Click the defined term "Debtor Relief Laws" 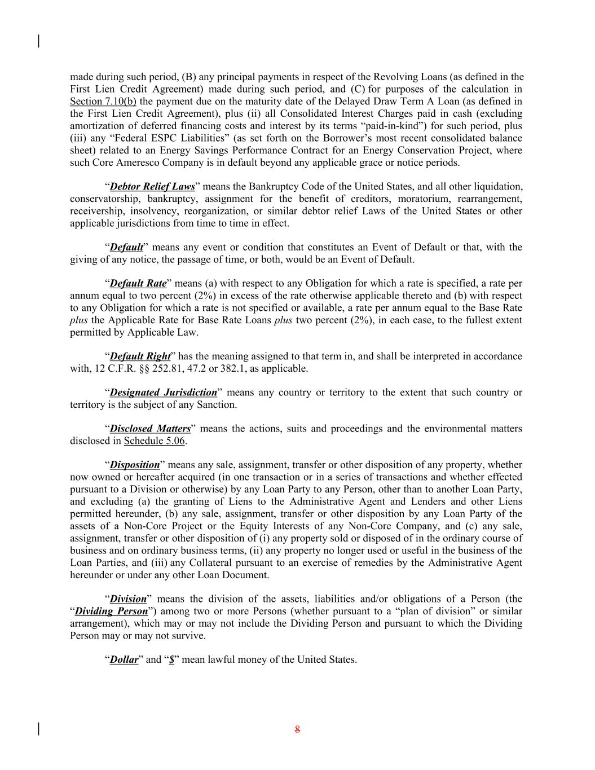tap(152, 187)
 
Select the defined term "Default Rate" tap(138, 284)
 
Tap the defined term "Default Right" tap(140, 357)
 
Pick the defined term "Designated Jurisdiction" tap(163, 393)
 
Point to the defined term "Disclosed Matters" tap(150, 429)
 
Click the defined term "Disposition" tap(135, 465)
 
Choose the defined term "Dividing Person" tap(111, 611)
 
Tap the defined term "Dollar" tap(124, 660)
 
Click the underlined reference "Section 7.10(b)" tap(103, 102)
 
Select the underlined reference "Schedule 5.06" tap(155, 441)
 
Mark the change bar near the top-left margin tap(38, 41)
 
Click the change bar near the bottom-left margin tap(38, 729)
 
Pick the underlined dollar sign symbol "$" tap(171, 660)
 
